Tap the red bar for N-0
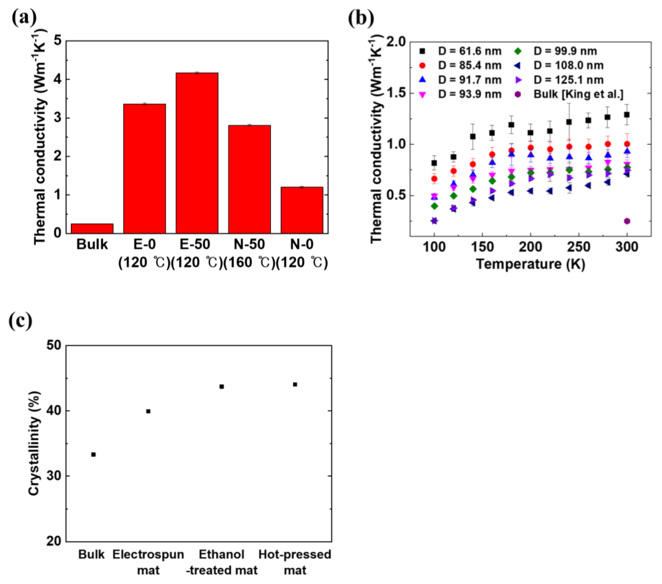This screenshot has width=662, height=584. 302,210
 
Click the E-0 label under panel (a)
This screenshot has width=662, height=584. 145,244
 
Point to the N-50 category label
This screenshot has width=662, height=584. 249,244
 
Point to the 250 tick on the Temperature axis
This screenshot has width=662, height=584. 579,247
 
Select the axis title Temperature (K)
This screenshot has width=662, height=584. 531,264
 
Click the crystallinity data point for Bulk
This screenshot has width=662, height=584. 93,454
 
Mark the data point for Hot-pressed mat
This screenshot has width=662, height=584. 295,385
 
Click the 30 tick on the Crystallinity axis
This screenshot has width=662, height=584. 54,476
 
